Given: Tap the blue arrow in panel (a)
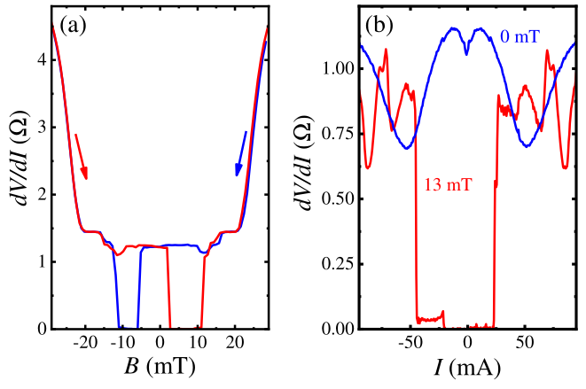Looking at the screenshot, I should pyautogui.click(x=241, y=152).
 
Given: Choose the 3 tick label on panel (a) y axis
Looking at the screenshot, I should pyautogui.click(x=41, y=128).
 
